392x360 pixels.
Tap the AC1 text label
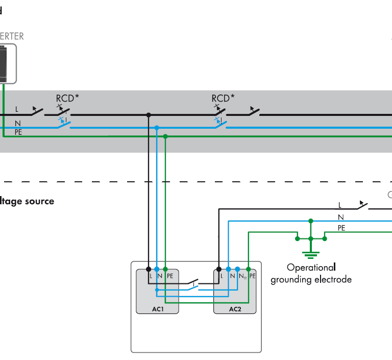(x=157, y=309)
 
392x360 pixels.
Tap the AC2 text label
(x=235, y=309)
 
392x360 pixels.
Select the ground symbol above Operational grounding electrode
(x=310, y=253)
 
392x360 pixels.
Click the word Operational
(x=311, y=267)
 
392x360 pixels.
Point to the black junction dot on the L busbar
(x=149, y=115)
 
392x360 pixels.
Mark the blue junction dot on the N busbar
(x=157, y=127)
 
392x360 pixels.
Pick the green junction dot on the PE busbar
(x=165, y=136)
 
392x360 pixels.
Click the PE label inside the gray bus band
(x=19, y=132)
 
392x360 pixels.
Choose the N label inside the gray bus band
(x=17, y=123)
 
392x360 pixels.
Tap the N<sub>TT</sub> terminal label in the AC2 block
(x=242, y=276)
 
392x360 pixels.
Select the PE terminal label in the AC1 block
(x=170, y=276)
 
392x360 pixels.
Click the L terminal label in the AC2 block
(x=222, y=276)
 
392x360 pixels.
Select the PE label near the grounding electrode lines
(x=341, y=228)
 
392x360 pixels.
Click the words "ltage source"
(x=27, y=201)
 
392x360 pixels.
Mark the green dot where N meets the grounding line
(x=310, y=221)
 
